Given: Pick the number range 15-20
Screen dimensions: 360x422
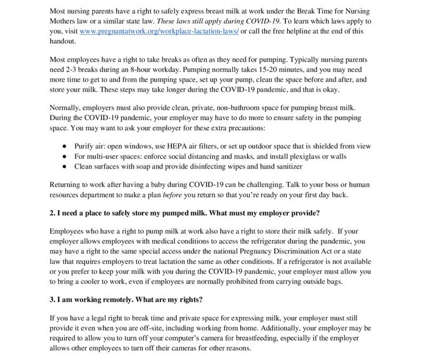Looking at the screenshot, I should (280, 69).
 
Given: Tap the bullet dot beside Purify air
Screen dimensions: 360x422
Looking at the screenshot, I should (64, 146).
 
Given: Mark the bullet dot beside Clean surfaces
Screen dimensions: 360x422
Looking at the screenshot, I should (64, 166).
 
